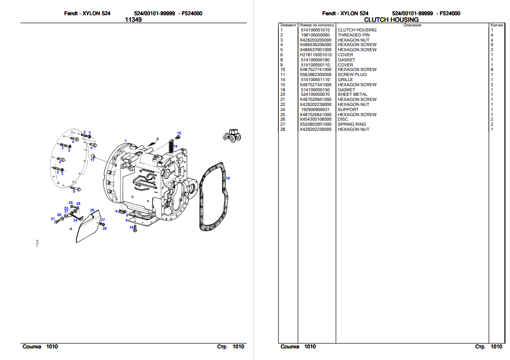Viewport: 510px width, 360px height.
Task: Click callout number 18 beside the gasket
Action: click(x=228, y=178)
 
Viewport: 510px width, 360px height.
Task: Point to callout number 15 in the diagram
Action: click(x=178, y=133)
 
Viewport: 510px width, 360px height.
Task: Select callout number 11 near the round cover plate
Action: click(x=93, y=160)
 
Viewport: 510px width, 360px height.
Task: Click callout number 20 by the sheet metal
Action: click(x=92, y=210)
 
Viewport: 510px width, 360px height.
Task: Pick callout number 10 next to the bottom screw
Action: click(x=131, y=228)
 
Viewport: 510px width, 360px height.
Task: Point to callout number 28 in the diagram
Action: click(x=104, y=228)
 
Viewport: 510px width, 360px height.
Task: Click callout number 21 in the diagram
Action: click(x=53, y=219)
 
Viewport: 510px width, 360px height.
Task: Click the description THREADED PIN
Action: click(x=353, y=35)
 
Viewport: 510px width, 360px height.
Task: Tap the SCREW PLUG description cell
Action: click(x=352, y=75)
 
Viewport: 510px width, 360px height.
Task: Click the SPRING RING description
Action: click(x=351, y=124)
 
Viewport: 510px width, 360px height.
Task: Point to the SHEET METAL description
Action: click(x=352, y=94)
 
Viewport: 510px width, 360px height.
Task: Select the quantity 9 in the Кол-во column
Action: click(x=492, y=45)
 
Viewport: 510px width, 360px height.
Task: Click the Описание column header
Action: click(x=412, y=25)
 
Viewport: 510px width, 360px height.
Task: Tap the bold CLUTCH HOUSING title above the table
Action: click(x=391, y=20)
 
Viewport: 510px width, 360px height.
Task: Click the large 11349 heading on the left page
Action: click(x=133, y=20)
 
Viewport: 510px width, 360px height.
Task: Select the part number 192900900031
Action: click(x=315, y=110)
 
